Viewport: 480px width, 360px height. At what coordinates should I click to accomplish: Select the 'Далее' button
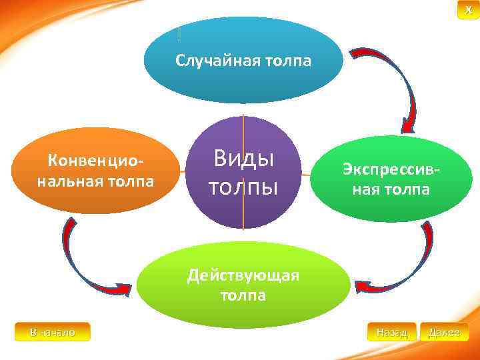(x=445, y=331)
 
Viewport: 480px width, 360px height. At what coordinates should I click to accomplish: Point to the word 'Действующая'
(x=243, y=275)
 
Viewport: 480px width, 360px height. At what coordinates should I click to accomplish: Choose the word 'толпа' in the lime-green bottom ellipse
(x=243, y=295)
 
